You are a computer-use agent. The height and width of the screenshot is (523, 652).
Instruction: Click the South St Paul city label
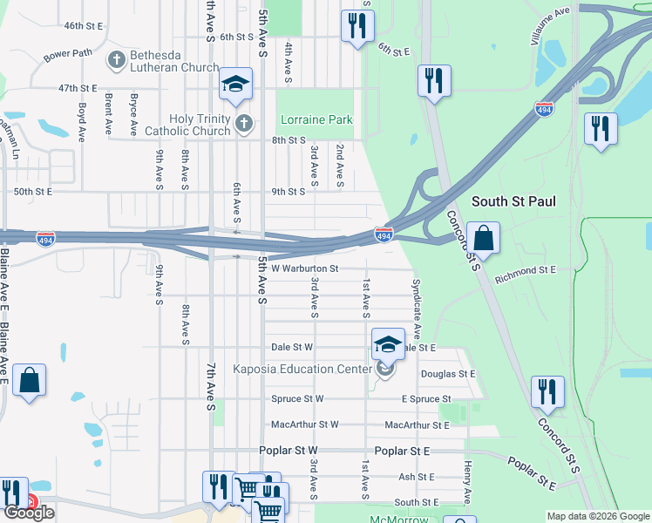(513, 201)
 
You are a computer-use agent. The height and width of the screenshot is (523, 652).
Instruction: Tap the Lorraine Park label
(315, 119)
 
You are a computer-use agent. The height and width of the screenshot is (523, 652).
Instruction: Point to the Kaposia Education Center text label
(302, 369)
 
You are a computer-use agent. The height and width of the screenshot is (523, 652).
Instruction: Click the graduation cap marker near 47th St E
(235, 84)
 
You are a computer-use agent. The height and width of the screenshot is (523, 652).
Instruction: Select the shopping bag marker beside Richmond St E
(483, 238)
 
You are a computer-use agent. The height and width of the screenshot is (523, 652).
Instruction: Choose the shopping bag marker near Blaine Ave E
(29, 380)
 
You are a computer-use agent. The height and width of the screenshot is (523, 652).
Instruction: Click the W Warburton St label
(304, 268)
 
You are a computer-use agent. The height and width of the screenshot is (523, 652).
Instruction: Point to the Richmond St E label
(525, 271)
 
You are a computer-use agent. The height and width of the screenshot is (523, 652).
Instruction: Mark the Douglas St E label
(448, 374)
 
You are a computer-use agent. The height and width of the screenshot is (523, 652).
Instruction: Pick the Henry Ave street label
(468, 482)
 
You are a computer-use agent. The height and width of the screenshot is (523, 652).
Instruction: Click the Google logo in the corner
(29, 513)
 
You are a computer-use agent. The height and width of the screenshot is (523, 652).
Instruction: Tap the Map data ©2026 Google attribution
(598, 516)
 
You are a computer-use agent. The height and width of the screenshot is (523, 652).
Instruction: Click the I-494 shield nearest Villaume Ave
(544, 110)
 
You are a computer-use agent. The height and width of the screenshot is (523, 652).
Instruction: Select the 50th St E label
(31, 191)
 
